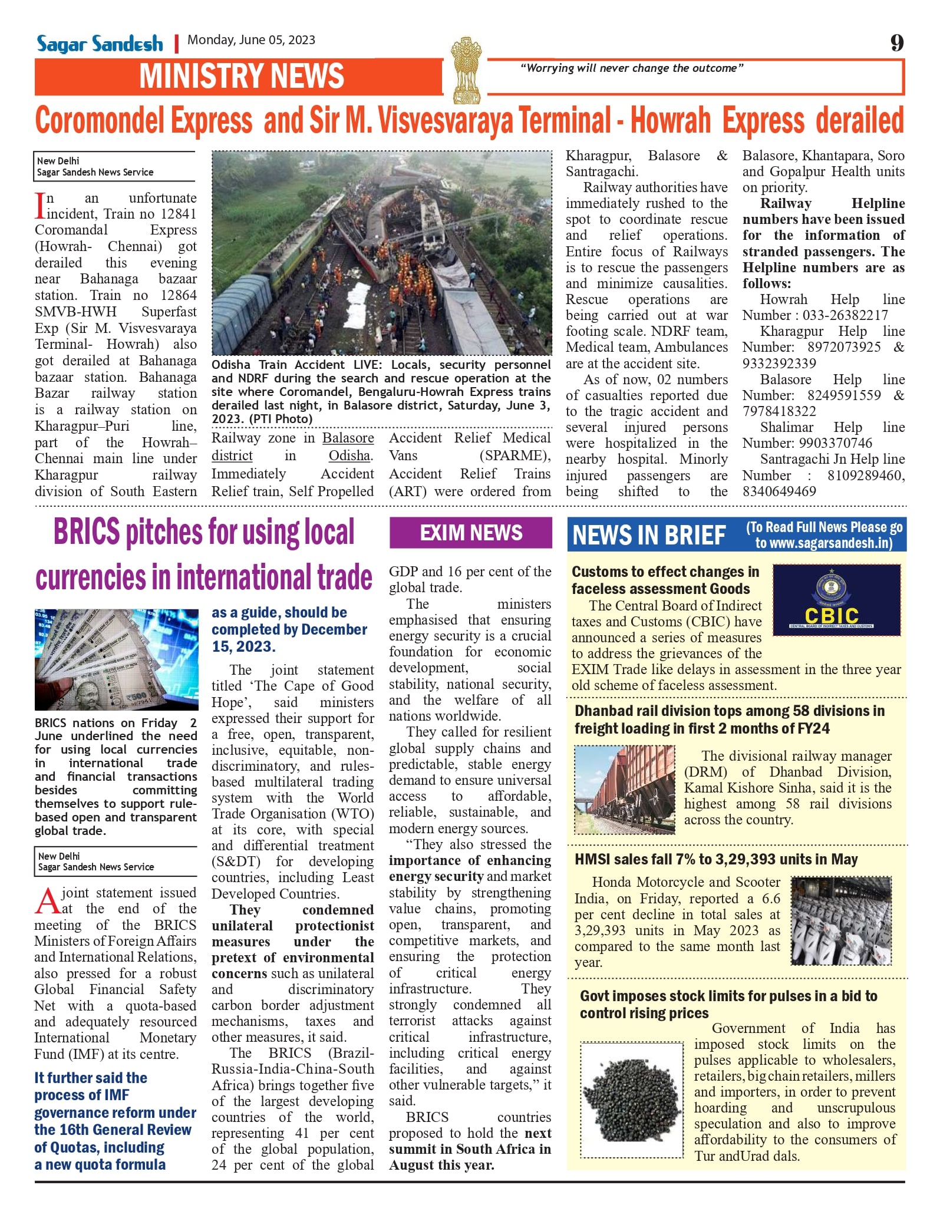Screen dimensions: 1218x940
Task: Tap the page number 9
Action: (896, 42)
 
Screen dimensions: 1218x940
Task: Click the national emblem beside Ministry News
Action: (466, 70)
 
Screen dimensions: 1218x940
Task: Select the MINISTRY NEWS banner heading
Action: (241, 77)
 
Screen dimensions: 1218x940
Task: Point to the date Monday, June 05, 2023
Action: (251, 40)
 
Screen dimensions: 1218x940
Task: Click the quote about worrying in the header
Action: (631, 68)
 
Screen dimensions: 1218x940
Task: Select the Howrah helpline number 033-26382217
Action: (845, 315)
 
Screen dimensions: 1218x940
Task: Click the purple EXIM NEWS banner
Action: (470, 533)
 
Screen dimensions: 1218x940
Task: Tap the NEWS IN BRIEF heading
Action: (649, 535)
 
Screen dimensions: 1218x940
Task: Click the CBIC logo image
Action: (836, 600)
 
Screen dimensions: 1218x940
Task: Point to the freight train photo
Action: (624, 790)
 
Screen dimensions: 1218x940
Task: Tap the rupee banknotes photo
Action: (116, 659)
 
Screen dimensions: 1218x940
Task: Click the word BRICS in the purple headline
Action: (87, 532)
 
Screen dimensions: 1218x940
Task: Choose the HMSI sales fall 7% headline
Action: (715, 859)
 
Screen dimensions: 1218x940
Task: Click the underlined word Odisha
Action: (349, 455)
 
